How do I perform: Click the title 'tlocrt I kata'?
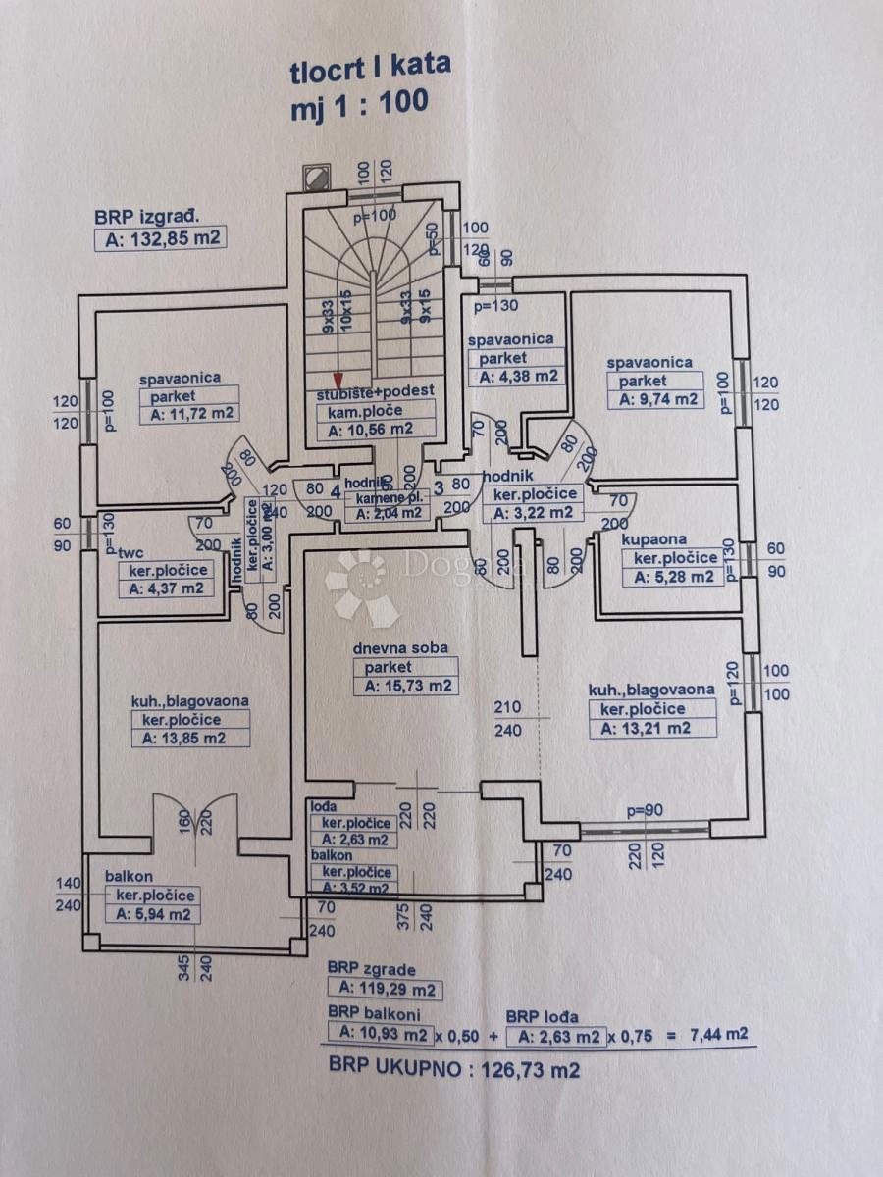click(x=370, y=69)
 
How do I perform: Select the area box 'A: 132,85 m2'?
click(x=160, y=238)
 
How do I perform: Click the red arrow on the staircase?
click(x=337, y=381)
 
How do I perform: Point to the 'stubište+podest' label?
click(x=376, y=392)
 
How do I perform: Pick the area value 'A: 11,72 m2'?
click(x=191, y=414)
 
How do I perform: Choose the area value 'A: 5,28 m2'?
click(x=674, y=577)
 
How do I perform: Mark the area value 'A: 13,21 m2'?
click(x=651, y=727)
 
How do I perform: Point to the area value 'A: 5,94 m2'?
click(x=152, y=914)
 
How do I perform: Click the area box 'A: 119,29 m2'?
click(x=386, y=989)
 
